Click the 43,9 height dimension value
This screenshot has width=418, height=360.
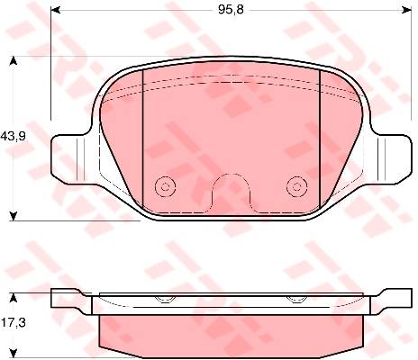pos(14,136)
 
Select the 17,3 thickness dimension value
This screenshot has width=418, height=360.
pos(14,323)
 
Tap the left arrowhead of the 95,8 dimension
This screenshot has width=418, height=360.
pos(56,10)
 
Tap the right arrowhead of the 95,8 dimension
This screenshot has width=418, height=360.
pos(406,10)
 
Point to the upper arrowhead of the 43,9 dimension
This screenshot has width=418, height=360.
pos(14,61)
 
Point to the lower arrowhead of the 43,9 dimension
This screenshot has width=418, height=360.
pos(14,216)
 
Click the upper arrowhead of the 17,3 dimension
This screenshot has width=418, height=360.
pos(14,298)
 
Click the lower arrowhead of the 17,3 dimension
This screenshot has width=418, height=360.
pos(14,354)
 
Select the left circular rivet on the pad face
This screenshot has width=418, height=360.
pos(165,187)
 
